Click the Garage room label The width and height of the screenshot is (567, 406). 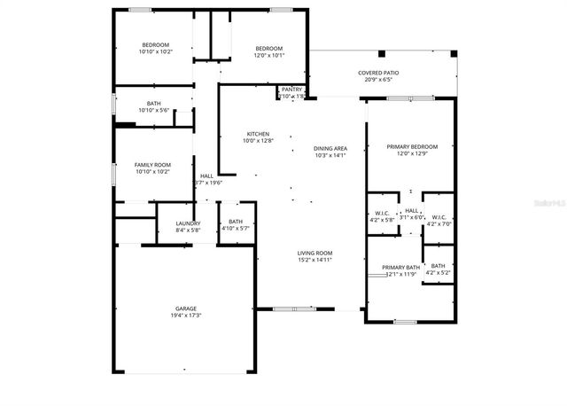[185, 308]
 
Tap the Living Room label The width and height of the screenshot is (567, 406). [314, 253]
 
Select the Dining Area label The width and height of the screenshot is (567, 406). [330, 148]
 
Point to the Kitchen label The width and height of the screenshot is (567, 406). [258, 134]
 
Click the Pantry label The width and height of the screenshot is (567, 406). [291, 90]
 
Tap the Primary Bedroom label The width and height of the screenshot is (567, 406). [412, 146]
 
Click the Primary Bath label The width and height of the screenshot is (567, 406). [400, 267]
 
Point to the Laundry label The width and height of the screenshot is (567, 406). [188, 223]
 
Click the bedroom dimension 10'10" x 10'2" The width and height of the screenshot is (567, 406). [155, 51]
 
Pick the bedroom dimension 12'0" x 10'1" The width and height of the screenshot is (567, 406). [268, 54]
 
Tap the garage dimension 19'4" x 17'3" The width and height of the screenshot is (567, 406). [186, 316]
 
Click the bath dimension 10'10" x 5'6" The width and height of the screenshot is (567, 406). [153, 111]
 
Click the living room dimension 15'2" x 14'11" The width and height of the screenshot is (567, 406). [314, 260]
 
